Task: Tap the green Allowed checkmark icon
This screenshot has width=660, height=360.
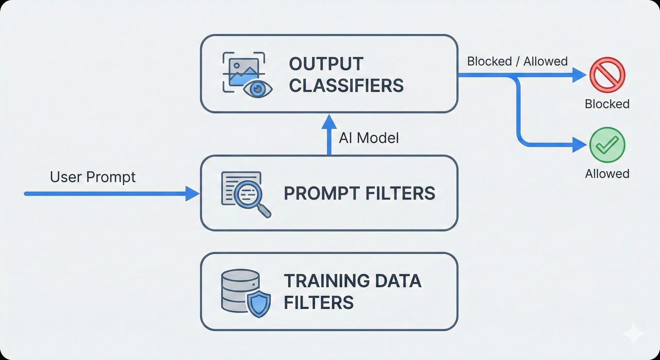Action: point(607,145)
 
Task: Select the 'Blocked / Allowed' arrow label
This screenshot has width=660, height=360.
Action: point(517,61)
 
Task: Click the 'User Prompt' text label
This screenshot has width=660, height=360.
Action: point(93,177)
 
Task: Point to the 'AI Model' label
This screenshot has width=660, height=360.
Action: point(369,138)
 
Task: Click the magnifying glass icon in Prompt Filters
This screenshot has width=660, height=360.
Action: point(246,194)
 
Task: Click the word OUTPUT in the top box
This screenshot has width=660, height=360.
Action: point(326,64)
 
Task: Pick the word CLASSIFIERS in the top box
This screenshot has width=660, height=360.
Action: point(346,85)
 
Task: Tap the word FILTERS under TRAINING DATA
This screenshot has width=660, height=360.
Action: point(318,302)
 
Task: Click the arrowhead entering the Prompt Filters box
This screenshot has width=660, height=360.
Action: point(193,194)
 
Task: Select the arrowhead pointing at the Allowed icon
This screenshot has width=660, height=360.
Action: point(580,145)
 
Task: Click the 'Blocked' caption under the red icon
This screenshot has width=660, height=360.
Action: point(607,104)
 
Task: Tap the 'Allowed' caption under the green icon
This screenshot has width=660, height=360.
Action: point(607,174)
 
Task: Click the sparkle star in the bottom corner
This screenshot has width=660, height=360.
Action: point(633,334)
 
